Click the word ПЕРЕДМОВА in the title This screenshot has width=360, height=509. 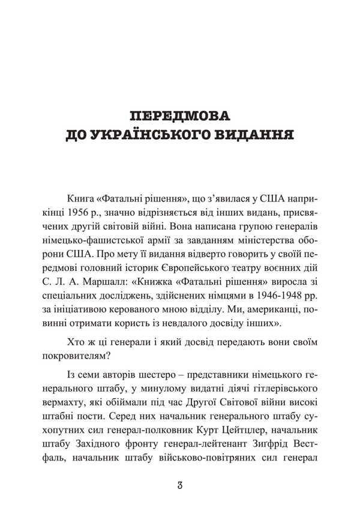click(x=180, y=115)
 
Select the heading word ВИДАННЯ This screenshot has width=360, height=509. click(x=254, y=137)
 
